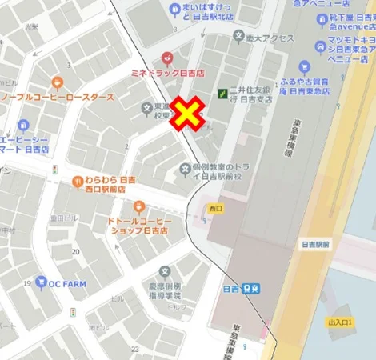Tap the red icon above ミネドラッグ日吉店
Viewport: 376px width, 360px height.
pos(167,58)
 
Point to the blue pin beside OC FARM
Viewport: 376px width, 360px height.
pos(41,283)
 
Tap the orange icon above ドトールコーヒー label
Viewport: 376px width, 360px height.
pos(139,206)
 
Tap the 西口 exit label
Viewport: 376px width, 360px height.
pos(214,208)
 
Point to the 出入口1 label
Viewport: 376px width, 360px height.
pos(340,322)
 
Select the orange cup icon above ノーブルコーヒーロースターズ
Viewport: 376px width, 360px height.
pos(57,82)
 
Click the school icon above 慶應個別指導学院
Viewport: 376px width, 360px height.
pos(165,272)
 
